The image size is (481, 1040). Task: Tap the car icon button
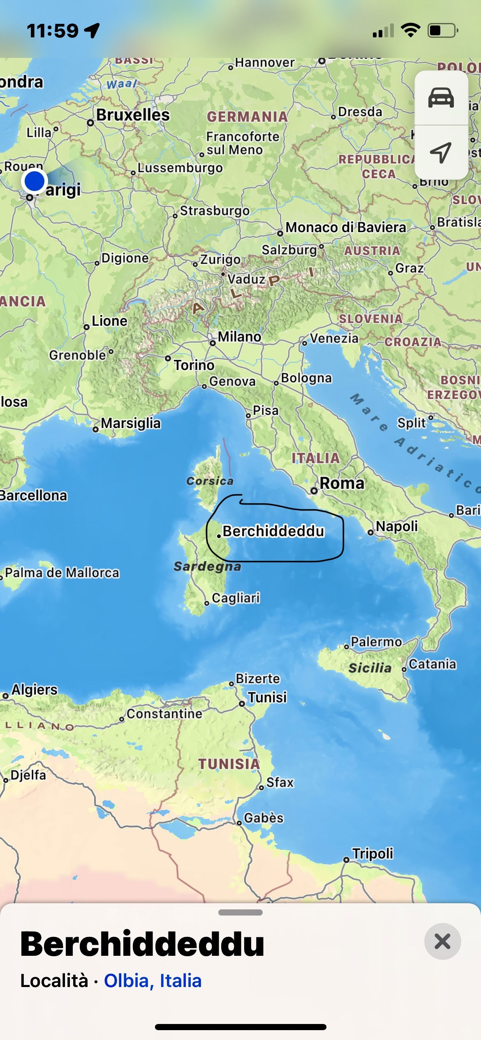click(x=441, y=98)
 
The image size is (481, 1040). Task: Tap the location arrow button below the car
click(x=441, y=153)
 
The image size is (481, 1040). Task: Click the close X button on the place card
click(x=442, y=941)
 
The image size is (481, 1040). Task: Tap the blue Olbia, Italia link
click(x=153, y=980)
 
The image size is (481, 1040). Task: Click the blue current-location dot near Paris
click(x=35, y=181)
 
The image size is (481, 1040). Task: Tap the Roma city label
click(x=342, y=483)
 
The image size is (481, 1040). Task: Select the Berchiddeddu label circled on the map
click(x=273, y=531)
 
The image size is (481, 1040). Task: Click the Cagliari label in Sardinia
click(x=236, y=598)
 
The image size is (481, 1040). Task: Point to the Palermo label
click(x=376, y=642)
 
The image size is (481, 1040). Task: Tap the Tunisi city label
click(x=267, y=697)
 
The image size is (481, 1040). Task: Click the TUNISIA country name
click(x=229, y=764)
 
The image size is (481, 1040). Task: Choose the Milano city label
click(x=239, y=337)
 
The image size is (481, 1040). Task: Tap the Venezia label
click(x=334, y=338)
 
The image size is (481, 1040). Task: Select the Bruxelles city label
click(x=133, y=115)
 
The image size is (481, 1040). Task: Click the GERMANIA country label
click(x=247, y=117)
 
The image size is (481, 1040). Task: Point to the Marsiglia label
click(x=131, y=423)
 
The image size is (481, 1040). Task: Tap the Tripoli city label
click(x=372, y=854)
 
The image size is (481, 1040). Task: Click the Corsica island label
click(x=210, y=481)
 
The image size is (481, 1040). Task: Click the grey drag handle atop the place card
click(x=240, y=913)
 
